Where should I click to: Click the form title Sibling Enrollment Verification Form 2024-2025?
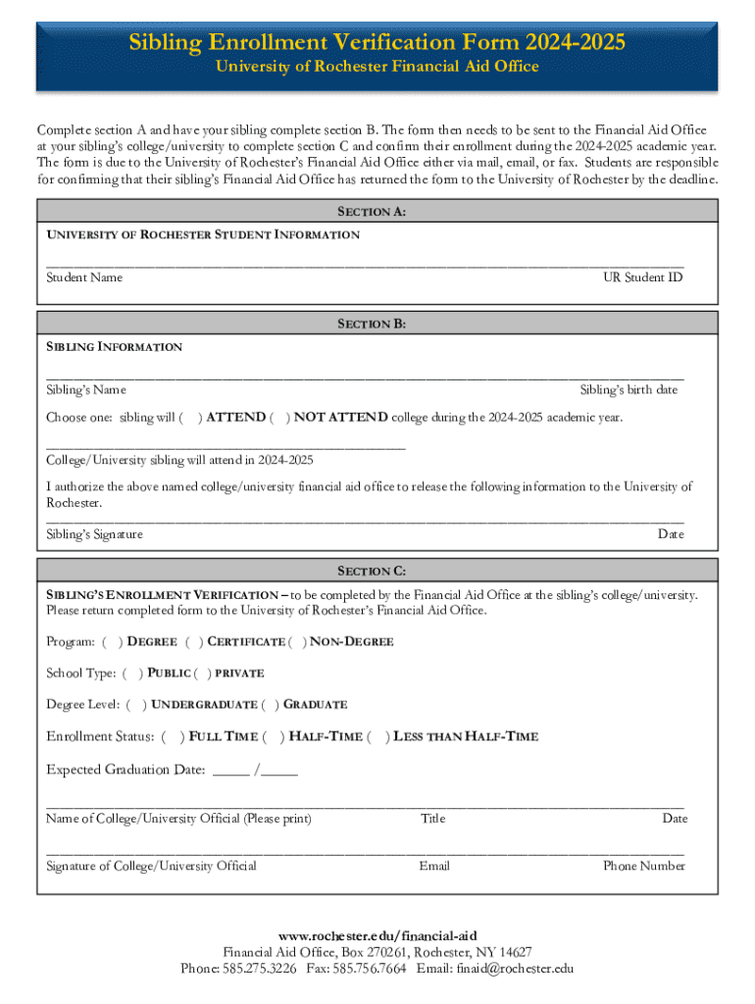(x=377, y=42)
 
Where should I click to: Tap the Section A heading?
(x=372, y=212)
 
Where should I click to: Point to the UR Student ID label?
(x=642, y=277)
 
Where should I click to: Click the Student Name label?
(x=84, y=277)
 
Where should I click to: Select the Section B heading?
(x=372, y=325)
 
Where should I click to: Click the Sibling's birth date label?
(x=629, y=390)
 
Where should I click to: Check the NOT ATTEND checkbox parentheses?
(x=278, y=418)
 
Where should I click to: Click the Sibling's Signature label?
(x=94, y=534)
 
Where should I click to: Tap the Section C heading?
(x=372, y=571)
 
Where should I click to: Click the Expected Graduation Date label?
(x=126, y=770)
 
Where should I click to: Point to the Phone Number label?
(x=643, y=866)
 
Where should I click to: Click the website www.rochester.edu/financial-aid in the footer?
(x=377, y=935)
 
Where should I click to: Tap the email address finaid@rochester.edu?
(x=514, y=969)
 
